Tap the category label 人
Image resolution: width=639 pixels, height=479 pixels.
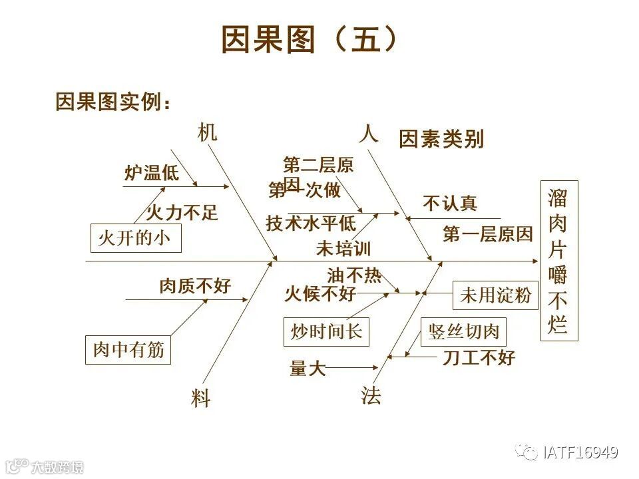[368, 134]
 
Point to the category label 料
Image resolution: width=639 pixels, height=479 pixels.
[200, 399]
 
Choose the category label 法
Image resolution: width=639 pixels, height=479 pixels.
[371, 397]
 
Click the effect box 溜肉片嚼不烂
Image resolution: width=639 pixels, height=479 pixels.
[558, 261]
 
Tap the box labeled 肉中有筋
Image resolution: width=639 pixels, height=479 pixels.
[128, 350]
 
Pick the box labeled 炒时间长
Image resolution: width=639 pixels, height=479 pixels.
[326, 331]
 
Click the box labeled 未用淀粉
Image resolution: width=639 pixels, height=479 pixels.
[495, 295]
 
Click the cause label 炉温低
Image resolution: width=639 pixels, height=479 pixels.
[151, 174]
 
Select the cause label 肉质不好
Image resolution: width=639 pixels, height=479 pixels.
[194, 286]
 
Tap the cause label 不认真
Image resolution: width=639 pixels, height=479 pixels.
[450, 204]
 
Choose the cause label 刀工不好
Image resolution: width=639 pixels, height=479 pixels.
[479, 359]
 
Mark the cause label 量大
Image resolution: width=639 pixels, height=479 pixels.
[308, 368]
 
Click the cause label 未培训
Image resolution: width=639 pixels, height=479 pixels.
[343, 249]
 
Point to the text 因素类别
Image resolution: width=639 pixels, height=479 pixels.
[441, 140]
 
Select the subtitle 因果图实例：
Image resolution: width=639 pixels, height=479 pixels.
[113, 102]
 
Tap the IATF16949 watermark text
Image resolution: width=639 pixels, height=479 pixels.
[580, 453]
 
